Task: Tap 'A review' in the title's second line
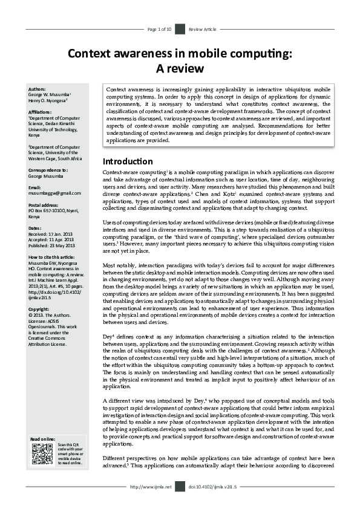(180, 68)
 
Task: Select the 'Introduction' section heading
(127, 161)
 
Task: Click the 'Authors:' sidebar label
(37, 89)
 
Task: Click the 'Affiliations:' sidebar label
(40, 112)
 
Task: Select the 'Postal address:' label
(44, 204)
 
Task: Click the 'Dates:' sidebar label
(34, 228)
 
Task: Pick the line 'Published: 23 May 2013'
(51, 245)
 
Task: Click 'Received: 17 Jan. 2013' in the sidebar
(51, 234)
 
